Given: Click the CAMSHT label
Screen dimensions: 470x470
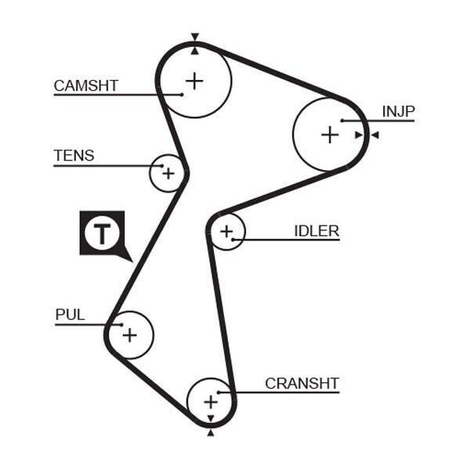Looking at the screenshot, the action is tap(86, 85).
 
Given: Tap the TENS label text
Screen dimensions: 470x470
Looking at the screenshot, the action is tap(74, 156).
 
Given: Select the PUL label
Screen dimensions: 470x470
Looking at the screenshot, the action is tap(70, 315).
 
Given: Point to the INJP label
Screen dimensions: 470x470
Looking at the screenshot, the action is tap(399, 111).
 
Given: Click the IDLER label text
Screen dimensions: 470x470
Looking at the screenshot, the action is tap(316, 231).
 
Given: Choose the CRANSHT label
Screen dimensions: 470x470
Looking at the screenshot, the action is tap(302, 383).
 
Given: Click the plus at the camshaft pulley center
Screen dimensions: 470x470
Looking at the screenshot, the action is tap(194, 81).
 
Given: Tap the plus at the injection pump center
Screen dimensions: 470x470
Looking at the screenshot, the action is tap(330, 135).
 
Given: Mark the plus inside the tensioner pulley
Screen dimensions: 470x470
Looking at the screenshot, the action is tap(168, 173).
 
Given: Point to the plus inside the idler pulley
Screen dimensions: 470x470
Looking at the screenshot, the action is tap(226, 231).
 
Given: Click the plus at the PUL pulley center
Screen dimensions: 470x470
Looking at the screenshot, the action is tap(130, 335).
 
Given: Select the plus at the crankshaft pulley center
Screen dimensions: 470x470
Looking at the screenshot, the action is tap(211, 402).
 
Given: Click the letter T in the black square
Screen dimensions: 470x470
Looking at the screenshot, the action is tap(102, 233).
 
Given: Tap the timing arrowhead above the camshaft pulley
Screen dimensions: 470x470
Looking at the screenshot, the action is tap(195, 37).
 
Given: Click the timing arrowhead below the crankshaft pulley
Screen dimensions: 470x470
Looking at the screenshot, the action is tap(211, 433).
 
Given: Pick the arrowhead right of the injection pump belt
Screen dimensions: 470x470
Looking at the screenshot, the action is tap(375, 136).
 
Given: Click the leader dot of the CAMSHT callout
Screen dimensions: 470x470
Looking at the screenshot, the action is tap(182, 95).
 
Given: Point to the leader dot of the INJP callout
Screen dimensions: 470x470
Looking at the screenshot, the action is tap(342, 121).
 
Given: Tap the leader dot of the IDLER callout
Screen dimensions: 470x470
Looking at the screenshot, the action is tap(233, 240).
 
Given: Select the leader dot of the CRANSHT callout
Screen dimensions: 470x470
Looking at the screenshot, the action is tap(219, 392).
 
